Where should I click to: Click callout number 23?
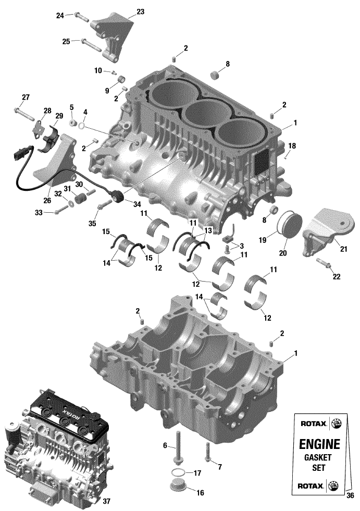pos(140,12)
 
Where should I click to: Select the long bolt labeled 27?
pos(23,113)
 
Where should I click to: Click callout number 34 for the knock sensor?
pos(137,204)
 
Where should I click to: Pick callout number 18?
pos(292,145)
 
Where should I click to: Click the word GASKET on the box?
pos(318,457)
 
